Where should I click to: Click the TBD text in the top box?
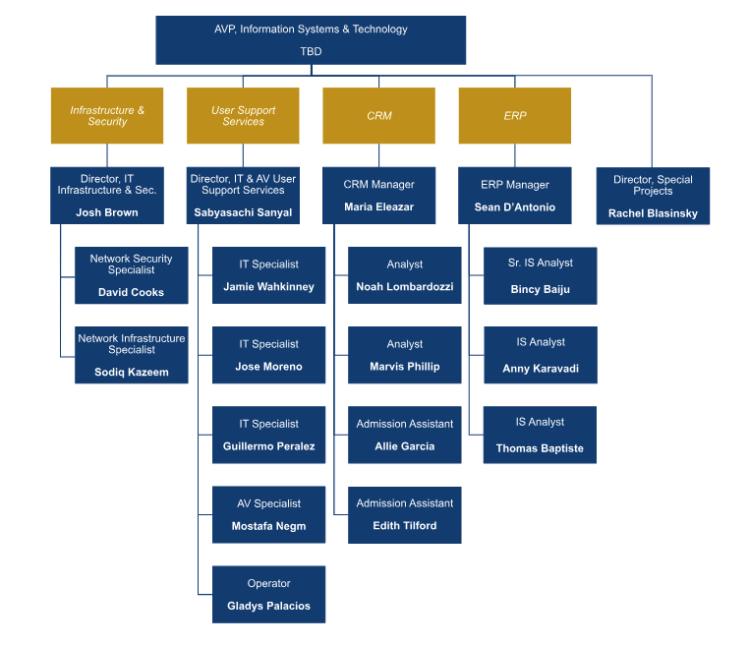click(x=311, y=51)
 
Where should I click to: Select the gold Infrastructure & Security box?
click(x=107, y=116)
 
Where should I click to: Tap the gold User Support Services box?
click(x=243, y=116)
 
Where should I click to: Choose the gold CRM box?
click(x=378, y=116)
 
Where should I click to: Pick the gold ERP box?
click(x=514, y=116)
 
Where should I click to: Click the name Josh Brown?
click(x=107, y=212)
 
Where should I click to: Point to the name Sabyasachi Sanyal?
click(x=243, y=213)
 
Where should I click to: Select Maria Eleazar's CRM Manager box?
click(x=378, y=196)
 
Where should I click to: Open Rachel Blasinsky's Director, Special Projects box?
click(x=653, y=196)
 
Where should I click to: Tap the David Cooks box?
click(x=131, y=275)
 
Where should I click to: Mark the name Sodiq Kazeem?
click(x=131, y=372)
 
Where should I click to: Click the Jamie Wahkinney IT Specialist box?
click(x=268, y=275)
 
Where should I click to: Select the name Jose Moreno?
click(x=268, y=367)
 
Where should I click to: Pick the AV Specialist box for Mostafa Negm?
click(x=268, y=514)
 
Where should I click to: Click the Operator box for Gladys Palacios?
click(x=268, y=594)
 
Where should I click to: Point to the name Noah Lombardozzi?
click(x=404, y=286)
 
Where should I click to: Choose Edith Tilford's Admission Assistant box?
click(x=404, y=514)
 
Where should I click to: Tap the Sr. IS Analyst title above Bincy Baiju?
click(x=540, y=264)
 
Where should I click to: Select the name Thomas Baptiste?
click(x=540, y=448)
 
